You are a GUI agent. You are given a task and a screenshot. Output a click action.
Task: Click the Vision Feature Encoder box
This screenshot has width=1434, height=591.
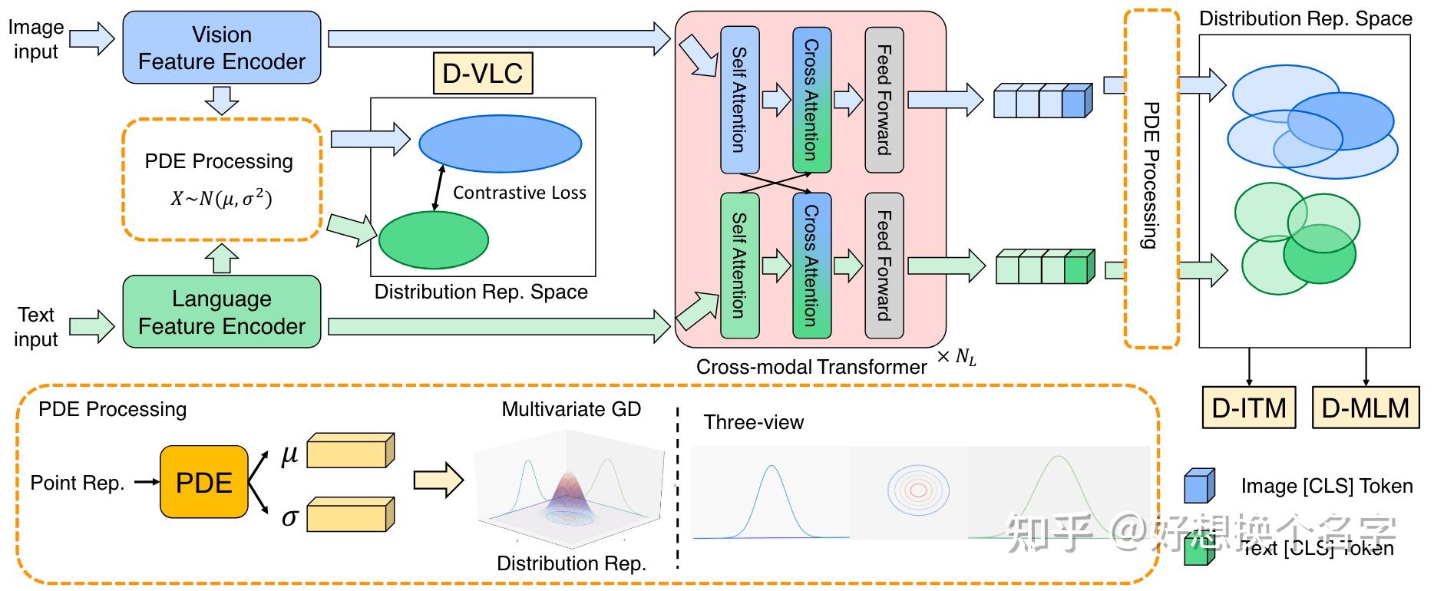click(221, 48)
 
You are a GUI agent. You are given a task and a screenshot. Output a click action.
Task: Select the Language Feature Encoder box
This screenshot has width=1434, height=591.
click(221, 312)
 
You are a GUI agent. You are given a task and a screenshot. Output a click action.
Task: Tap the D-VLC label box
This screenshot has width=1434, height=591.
click(483, 74)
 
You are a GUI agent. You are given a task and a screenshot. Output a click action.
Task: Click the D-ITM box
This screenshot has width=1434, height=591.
click(1248, 408)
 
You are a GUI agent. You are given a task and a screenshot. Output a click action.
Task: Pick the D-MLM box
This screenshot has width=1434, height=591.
click(1366, 408)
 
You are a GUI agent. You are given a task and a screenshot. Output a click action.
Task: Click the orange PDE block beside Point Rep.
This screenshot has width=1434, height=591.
click(203, 482)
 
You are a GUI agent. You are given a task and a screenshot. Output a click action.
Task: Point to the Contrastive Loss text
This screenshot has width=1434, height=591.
click(519, 193)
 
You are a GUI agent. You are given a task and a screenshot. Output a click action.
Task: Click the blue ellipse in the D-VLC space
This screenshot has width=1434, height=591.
click(500, 144)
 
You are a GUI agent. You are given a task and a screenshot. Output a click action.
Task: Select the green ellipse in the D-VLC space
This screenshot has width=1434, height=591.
click(433, 239)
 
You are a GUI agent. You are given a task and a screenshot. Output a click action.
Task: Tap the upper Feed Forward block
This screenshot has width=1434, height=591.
click(884, 100)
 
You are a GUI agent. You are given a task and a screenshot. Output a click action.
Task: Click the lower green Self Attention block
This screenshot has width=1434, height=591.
click(738, 266)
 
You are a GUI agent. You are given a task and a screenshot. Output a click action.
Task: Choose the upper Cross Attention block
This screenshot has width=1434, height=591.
click(811, 100)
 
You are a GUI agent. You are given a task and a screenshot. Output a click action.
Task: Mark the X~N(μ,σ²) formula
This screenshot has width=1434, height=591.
click(221, 198)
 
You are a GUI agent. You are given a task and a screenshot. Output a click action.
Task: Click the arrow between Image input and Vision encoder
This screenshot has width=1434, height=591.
click(91, 38)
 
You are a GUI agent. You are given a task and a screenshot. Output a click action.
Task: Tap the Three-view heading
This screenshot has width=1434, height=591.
click(753, 422)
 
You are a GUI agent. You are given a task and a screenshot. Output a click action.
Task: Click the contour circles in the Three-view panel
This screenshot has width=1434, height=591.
click(918, 489)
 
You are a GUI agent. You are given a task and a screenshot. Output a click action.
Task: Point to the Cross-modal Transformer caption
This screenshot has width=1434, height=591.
click(811, 367)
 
